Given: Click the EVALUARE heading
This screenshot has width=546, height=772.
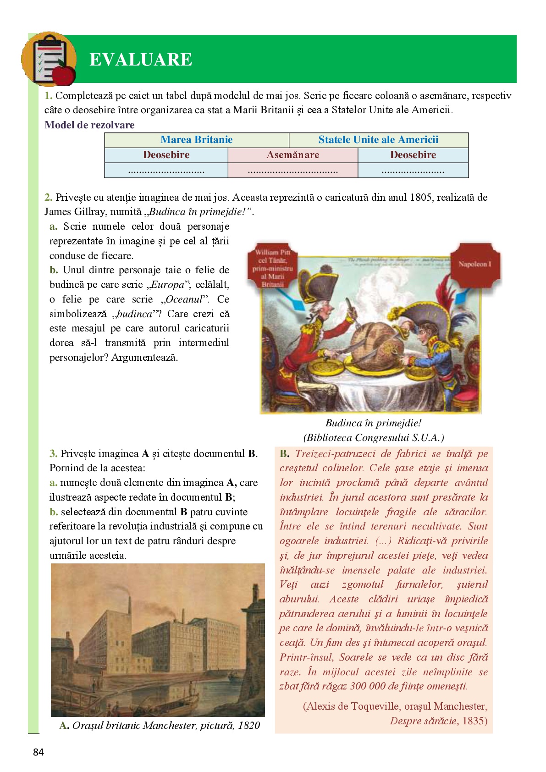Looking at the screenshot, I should pyautogui.click(x=141, y=60).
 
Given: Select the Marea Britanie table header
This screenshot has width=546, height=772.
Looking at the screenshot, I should pyautogui.click(x=196, y=140).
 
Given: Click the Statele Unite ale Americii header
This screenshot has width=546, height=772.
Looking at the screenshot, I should pyautogui.click(x=378, y=140).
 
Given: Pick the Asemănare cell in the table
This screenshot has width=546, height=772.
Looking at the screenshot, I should pyautogui.click(x=292, y=155).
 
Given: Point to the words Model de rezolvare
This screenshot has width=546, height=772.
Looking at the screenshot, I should pyautogui.click(x=89, y=125).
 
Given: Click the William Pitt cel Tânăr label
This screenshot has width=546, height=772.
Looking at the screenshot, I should pyautogui.click(x=273, y=268).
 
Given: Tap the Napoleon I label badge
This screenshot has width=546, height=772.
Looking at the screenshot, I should pyautogui.click(x=474, y=264).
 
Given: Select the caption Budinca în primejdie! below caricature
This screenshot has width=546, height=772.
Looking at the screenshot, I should pyautogui.click(x=373, y=423).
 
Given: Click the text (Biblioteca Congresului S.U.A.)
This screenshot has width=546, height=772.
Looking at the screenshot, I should pyautogui.click(x=373, y=438).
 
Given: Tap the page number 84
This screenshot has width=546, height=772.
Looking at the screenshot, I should pyautogui.click(x=39, y=752).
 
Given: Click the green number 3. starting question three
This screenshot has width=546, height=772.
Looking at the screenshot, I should pyautogui.click(x=53, y=454).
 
